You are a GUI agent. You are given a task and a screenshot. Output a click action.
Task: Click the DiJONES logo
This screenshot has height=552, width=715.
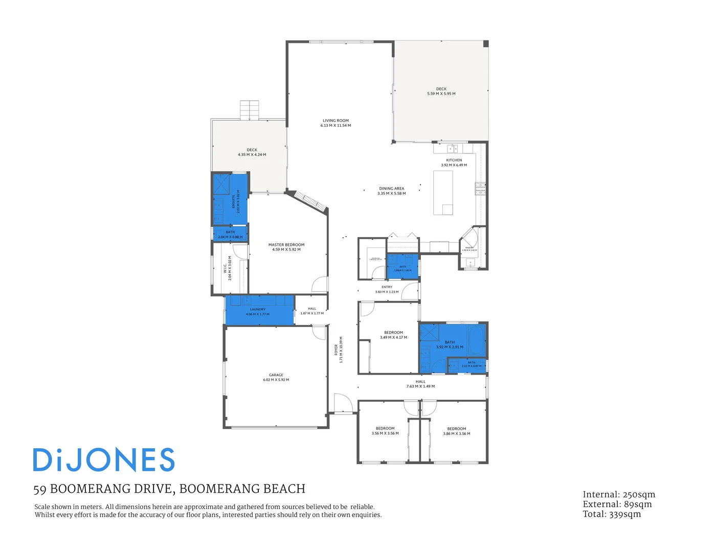pyautogui.click(x=104, y=460)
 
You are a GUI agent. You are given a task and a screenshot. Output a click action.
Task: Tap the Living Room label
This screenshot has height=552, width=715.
pyautogui.click(x=336, y=123)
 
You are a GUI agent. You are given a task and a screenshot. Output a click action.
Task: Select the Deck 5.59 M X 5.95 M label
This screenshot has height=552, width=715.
pyautogui.click(x=441, y=91)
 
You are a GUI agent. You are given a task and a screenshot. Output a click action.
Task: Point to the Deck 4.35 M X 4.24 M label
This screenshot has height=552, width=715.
pyautogui.click(x=252, y=152)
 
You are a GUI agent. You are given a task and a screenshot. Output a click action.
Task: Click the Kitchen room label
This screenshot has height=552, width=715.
pyautogui.click(x=454, y=163)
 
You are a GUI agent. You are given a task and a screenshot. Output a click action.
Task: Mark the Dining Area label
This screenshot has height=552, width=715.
pyautogui.click(x=392, y=191)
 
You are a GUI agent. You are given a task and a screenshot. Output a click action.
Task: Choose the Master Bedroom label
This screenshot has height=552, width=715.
pyautogui.click(x=286, y=247)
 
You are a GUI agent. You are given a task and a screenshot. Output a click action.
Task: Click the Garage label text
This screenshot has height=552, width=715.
pyautogui.click(x=276, y=377)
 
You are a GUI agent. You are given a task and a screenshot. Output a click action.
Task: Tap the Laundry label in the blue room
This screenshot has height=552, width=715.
pyautogui.click(x=258, y=312)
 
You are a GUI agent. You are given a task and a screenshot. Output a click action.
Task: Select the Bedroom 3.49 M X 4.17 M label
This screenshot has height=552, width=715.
pyautogui.click(x=393, y=335)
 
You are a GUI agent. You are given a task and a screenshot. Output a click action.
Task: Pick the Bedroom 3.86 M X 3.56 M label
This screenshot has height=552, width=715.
pyautogui.click(x=456, y=431)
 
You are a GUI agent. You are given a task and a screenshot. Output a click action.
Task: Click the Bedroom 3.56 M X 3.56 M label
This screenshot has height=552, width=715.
pyautogui.click(x=385, y=431)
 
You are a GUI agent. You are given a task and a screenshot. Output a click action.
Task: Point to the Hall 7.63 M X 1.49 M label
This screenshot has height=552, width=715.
pyautogui.click(x=420, y=384)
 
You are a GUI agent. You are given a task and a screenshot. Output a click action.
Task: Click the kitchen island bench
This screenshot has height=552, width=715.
pyautogui.click(x=443, y=192)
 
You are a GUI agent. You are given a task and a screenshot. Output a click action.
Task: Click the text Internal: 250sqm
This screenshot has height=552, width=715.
pyautogui.click(x=619, y=495)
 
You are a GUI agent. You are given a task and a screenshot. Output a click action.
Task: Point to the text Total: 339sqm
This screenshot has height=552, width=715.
pyautogui.click(x=612, y=514)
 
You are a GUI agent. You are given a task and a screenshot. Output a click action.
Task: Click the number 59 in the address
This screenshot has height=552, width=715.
pyautogui.click(x=39, y=490)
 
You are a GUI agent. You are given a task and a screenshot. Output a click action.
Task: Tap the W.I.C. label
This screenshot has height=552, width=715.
pyautogui.click(x=228, y=268)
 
